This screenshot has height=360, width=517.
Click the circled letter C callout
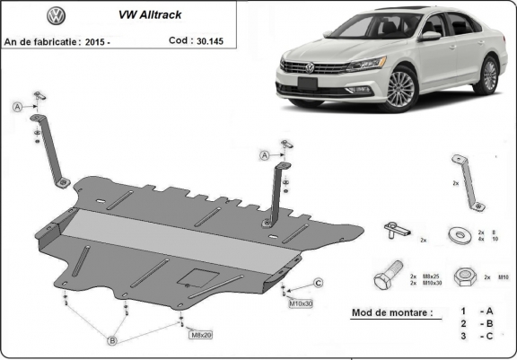(318, 284)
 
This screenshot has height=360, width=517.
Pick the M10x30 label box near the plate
(301, 303)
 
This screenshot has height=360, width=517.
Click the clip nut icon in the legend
(395, 230)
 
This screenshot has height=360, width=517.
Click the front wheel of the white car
(400, 89)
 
